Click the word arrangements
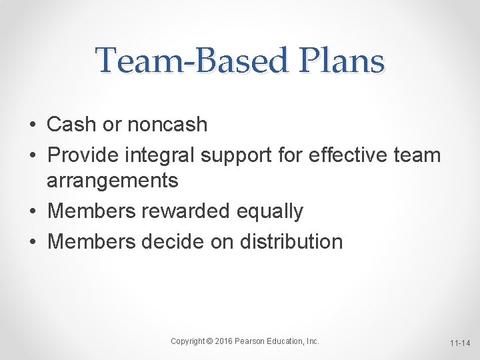point(113,180)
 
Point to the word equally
point(270,211)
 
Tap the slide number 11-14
point(459,343)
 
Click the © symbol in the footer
point(209,341)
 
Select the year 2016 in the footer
point(223,341)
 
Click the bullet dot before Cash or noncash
point(33,125)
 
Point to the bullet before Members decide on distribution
point(33,241)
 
